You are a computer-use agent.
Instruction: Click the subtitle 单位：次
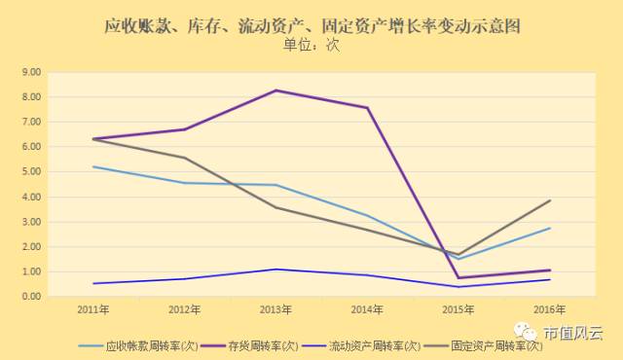[x=311, y=45]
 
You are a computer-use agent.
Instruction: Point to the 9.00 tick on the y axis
[x=31, y=72]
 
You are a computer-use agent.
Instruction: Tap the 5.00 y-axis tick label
[x=31, y=171]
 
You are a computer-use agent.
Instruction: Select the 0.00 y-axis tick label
[x=31, y=296]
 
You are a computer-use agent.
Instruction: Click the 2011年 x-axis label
[x=92, y=309]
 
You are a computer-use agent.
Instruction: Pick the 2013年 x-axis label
[x=275, y=309]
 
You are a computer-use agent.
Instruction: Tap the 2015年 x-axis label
[x=458, y=309]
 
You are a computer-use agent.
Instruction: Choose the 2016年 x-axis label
[x=550, y=309]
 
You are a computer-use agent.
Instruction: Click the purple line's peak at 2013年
[x=275, y=90]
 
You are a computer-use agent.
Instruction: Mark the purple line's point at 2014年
[x=367, y=107]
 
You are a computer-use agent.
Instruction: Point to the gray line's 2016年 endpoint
[x=550, y=200]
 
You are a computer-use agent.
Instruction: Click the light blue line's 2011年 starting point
[x=92, y=166]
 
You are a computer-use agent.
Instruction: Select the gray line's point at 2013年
[x=275, y=207]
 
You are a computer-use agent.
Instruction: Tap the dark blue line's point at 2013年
[x=275, y=270]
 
